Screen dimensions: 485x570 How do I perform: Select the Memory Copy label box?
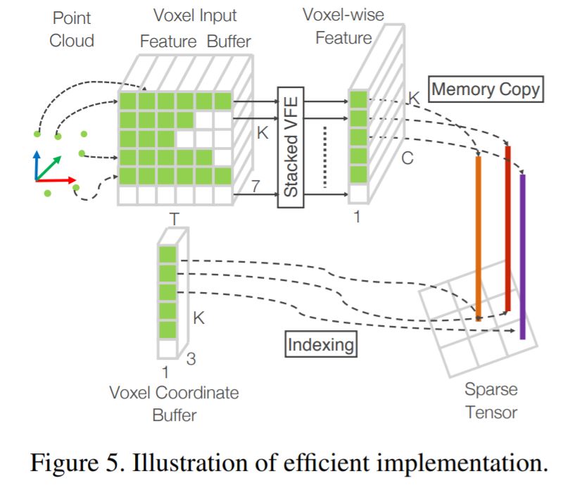[x=486, y=90]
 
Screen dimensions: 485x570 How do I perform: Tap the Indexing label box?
[x=321, y=345]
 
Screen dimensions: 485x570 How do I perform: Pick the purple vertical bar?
[x=522, y=256]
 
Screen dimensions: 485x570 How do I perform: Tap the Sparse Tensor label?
[x=490, y=400]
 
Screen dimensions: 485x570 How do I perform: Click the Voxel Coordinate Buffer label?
[x=174, y=403]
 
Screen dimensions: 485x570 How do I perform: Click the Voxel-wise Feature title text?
[x=343, y=26]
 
